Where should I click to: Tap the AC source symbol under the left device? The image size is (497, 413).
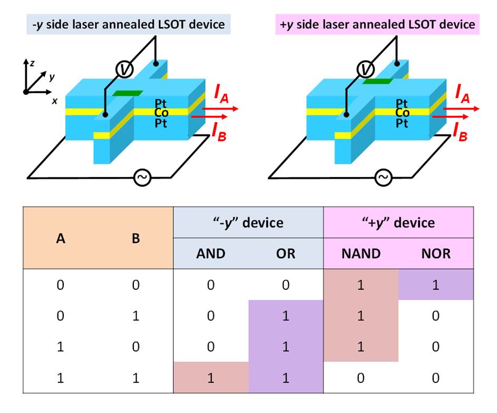click(x=142, y=178)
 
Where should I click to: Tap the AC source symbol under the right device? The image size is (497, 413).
click(x=383, y=178)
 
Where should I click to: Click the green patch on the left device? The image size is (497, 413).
click(x=128, y=93)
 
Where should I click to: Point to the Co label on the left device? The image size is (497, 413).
click(x=162, y=113)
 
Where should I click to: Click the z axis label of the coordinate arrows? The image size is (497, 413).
click(x=33, y=63)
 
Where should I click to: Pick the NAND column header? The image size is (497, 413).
click(x=361, y=254)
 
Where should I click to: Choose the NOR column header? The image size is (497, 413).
click(x=436, y=254)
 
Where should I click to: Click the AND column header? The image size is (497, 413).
click(x=211, y=254)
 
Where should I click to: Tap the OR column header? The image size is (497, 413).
click(x=286, y=254)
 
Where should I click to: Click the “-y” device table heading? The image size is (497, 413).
click(x=248, y=222)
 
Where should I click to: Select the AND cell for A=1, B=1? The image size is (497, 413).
click(x=211, y=378)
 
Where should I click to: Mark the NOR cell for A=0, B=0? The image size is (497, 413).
click(x=436, y=285)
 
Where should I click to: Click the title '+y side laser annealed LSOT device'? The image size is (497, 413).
click(x=377, y=24)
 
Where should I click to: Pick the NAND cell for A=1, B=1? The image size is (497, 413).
click(x=361, y=378)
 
